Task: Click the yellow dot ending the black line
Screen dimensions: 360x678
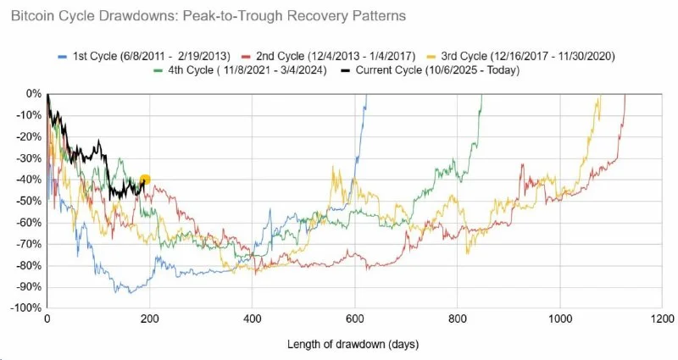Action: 145,180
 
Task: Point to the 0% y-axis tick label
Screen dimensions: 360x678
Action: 32,93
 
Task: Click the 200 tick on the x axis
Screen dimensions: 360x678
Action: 149,322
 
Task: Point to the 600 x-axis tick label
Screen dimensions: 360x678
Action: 354,322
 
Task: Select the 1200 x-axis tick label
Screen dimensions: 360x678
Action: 660,322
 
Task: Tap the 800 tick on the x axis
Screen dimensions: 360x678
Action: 457,322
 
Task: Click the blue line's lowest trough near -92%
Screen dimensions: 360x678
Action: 129,292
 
